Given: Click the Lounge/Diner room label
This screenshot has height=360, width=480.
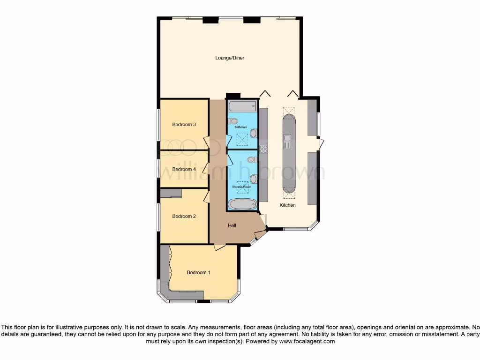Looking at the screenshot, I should pos(230,58).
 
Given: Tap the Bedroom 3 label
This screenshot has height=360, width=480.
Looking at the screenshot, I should pos(184,124).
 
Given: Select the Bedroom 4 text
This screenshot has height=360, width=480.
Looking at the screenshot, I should pos(184,169).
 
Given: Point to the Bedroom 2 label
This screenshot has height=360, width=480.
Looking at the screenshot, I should pos(184,216).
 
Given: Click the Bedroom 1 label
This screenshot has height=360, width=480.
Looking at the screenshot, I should pos(199,272).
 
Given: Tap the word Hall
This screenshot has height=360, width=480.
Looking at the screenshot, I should pos(232,225).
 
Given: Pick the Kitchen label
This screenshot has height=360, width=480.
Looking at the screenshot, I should pos(288,205).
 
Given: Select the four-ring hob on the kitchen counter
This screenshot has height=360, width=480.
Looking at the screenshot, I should pos(263,150).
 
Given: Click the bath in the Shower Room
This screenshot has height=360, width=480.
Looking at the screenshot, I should pos(242,204).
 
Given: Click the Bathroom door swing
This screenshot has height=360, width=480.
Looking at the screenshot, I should pos(228,140).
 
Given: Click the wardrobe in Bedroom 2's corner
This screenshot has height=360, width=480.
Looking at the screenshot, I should pos(171,193).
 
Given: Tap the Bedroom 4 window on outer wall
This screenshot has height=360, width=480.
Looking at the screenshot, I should pos(158,169).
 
